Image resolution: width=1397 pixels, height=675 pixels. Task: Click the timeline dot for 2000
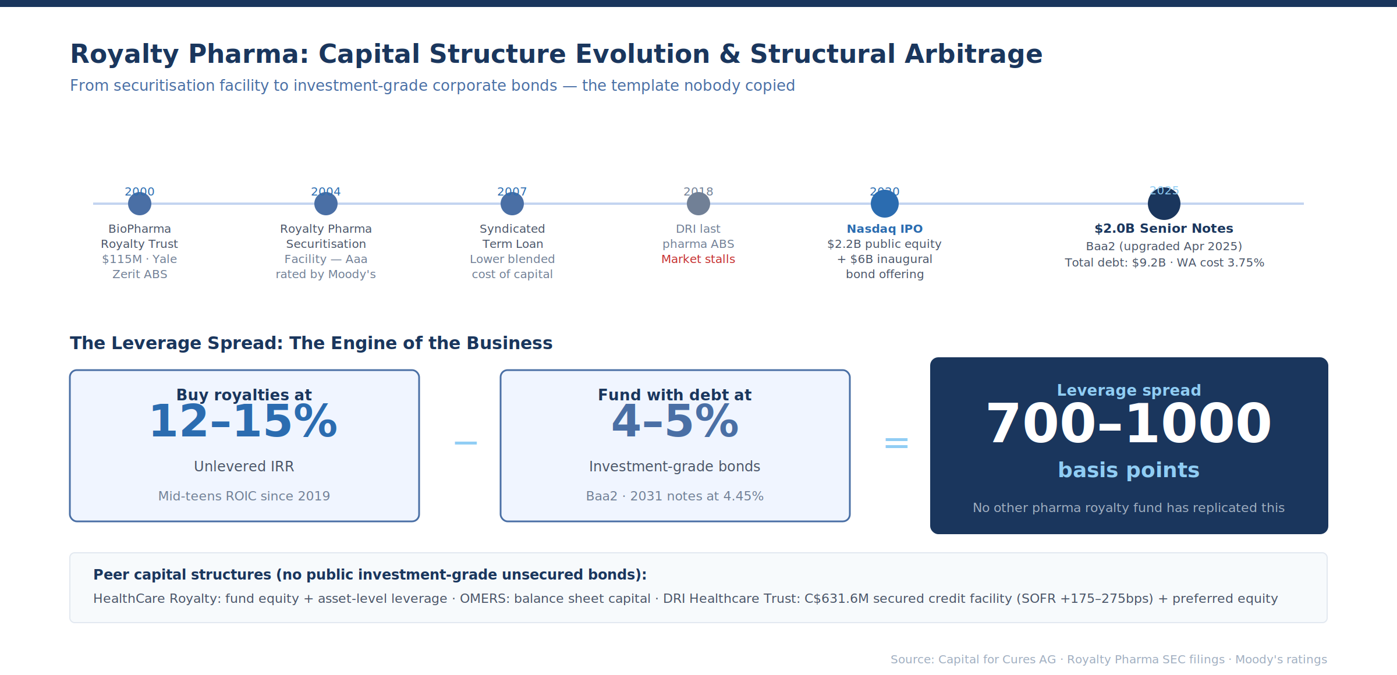(140, 204)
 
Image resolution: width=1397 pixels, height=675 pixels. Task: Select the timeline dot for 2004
(326, 204)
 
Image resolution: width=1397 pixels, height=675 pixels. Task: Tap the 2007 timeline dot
(512, 204)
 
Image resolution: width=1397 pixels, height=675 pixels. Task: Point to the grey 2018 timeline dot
(698, 204)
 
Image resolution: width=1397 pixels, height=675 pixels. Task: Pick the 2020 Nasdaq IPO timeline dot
(885, 204)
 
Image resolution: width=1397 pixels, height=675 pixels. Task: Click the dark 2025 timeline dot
(1164, 204)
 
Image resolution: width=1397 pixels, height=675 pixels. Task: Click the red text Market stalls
(698, 260)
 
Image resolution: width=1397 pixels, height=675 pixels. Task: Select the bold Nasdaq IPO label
(884, 229)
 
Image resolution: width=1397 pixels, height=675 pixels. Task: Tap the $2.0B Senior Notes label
(1164, 229)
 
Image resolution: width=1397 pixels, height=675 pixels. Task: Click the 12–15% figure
(244, 422)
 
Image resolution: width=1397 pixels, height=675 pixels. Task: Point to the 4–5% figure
(675, 422)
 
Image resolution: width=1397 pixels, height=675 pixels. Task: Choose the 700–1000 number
(1129, 424)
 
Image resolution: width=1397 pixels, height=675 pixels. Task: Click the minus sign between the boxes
(466, 443)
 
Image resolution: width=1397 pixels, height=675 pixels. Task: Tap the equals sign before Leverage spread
(896, 443)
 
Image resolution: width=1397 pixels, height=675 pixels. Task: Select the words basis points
(1129, 470)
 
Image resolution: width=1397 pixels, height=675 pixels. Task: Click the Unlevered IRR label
(244, 467)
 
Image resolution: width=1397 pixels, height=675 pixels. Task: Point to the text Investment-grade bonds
(675, 467)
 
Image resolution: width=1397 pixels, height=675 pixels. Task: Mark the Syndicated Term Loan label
(512, 236)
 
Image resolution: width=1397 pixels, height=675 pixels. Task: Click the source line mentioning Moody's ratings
(1108, 660)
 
